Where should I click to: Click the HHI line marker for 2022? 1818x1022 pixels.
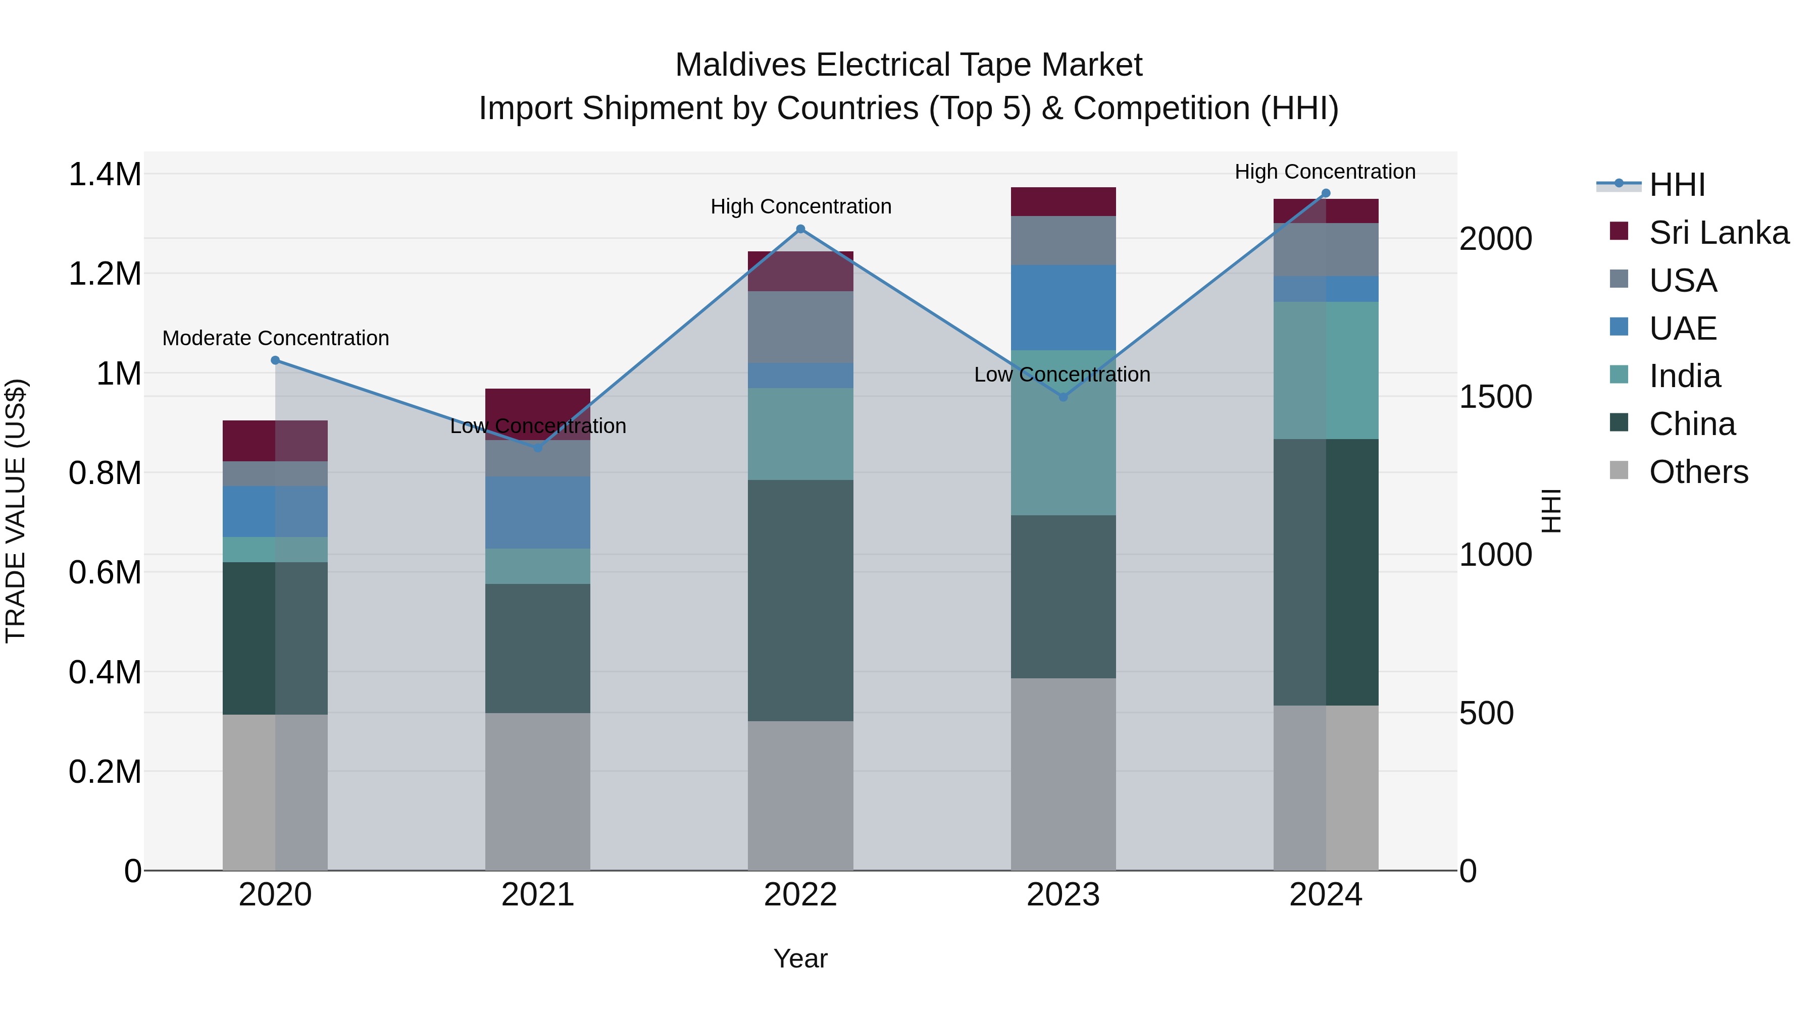[x=800, y=229]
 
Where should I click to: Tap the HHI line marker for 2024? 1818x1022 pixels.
[x=1326, y=193]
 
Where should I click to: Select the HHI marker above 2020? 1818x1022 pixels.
[x=275, y=360]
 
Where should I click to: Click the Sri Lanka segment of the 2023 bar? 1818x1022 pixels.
[x=1063, y=202]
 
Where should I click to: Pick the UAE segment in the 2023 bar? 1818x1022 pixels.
[x=1063, y=307]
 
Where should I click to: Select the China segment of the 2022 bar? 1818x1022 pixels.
[x=800, y=600]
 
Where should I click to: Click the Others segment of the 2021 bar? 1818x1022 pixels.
[x=538, y=791]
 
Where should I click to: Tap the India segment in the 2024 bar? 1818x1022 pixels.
[x=1326, y=370]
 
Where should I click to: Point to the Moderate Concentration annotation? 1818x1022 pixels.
[x=275, y=339]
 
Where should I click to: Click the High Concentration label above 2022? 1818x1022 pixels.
[x=800, y=206]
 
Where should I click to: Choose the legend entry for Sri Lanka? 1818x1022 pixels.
[x=1718, y=233]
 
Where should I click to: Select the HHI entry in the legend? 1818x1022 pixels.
[x=1676, y=185]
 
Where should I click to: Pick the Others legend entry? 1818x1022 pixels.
[x=1697, y=472]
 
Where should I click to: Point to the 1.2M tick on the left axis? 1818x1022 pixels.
[x=105, y=274]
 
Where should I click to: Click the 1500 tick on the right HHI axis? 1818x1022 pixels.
[x=1495, y=397]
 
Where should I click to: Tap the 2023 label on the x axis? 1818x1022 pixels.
[x=1063, y=895]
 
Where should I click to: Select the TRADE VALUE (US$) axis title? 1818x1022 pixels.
[x=16, y=511]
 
